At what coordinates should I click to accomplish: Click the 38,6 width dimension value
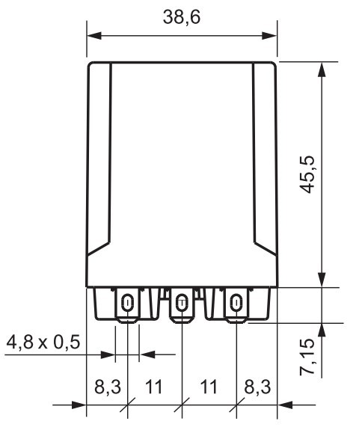[x=182, y=16]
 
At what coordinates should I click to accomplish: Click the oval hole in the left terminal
[x=127, y=303]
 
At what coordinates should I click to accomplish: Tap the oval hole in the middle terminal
[x=181, y=303]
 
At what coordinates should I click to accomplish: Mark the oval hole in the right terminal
[x=236, y=303]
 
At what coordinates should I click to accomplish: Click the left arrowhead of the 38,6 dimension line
[x=93, y=34]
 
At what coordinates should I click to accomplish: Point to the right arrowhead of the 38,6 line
[x=271, y=34]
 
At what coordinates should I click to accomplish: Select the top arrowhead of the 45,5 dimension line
[x=322, y=69]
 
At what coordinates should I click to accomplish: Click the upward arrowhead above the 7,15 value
[x=322, y=331]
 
